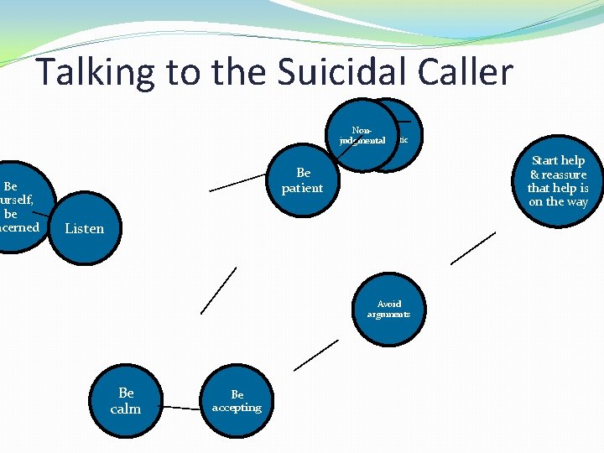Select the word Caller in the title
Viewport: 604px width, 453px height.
point(464,72)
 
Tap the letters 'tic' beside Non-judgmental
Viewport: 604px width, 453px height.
point(404,139)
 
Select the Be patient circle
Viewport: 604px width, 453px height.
point(302,180)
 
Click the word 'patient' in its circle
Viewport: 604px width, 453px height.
point(302,188)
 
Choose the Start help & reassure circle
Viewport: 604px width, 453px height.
point(558,180)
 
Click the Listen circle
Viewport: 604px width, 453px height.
point(85,228)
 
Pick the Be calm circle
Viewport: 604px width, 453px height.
point(126,401)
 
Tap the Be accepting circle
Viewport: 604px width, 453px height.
point(237,401)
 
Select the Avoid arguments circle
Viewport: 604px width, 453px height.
point(388,309)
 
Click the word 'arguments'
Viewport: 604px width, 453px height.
point(388,315)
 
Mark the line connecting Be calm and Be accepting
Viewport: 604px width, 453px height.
point(181,409)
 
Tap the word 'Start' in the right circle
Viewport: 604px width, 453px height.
point(547,160)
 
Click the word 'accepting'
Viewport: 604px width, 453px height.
point(237,408)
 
